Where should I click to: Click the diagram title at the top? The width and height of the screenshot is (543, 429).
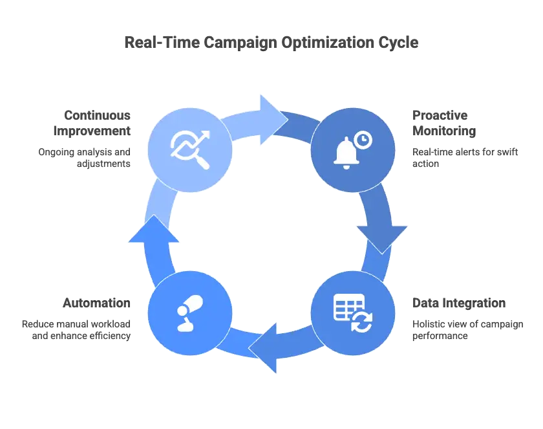271,43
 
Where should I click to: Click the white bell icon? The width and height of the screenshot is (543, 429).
346,154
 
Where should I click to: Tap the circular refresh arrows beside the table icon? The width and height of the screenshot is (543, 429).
361,321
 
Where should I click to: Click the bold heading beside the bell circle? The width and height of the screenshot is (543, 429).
442,124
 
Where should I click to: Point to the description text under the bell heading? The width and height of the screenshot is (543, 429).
465,156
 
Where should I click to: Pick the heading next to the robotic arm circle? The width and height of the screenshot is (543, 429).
98,303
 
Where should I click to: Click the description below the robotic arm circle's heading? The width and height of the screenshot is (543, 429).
78,329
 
